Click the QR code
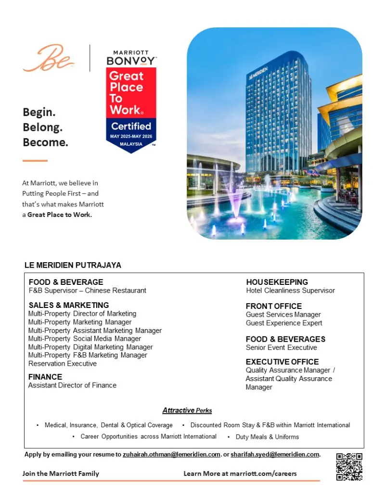click(349, 466)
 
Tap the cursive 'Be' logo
click(48, 58)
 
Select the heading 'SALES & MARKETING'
click(68, 305)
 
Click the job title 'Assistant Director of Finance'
click(72, 385)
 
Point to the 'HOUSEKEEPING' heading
click(277, 282)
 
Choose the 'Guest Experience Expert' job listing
click(284, 323)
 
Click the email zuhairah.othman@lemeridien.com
click(172, 454)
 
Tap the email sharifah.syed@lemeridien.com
click(275, 454)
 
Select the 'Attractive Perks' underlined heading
click(187, 410)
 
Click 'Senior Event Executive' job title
click(281, 347)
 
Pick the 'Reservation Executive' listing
click(63, 363)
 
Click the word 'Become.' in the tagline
click(45, 142)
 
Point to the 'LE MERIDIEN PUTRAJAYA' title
click(73, 265)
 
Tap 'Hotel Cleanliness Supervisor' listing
click(290, 290)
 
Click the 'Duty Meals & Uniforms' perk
click(267, 437)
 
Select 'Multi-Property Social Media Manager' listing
click(85, 338)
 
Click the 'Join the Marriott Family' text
click(61, 473)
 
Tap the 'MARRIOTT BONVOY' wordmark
click(131, 58)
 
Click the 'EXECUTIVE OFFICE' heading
click(282, 362)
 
